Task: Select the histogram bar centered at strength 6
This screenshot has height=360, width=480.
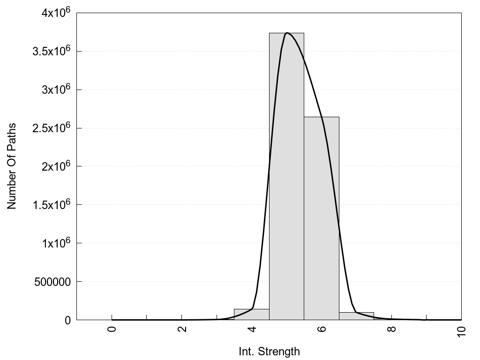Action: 322,218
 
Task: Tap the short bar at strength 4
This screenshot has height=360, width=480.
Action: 252,315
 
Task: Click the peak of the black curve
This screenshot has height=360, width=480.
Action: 287,33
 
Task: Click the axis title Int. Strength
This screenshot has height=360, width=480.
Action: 269,351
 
